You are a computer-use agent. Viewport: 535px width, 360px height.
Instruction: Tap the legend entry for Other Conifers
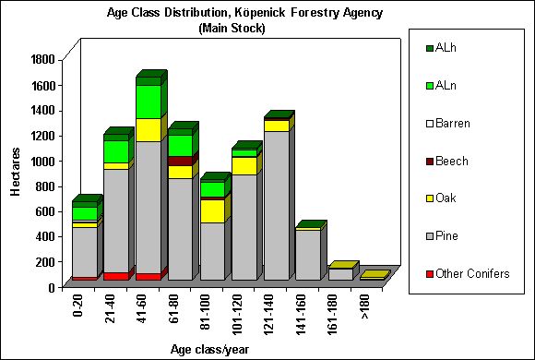point(465,274)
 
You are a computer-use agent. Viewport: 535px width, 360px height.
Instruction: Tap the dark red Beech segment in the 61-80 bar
point(180,161)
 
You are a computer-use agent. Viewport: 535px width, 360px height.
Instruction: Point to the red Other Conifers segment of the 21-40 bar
point(115,276)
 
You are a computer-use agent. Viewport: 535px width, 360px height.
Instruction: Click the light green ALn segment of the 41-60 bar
point(148,101)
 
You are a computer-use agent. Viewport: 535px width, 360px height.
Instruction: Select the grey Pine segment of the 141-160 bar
point(307,255)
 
